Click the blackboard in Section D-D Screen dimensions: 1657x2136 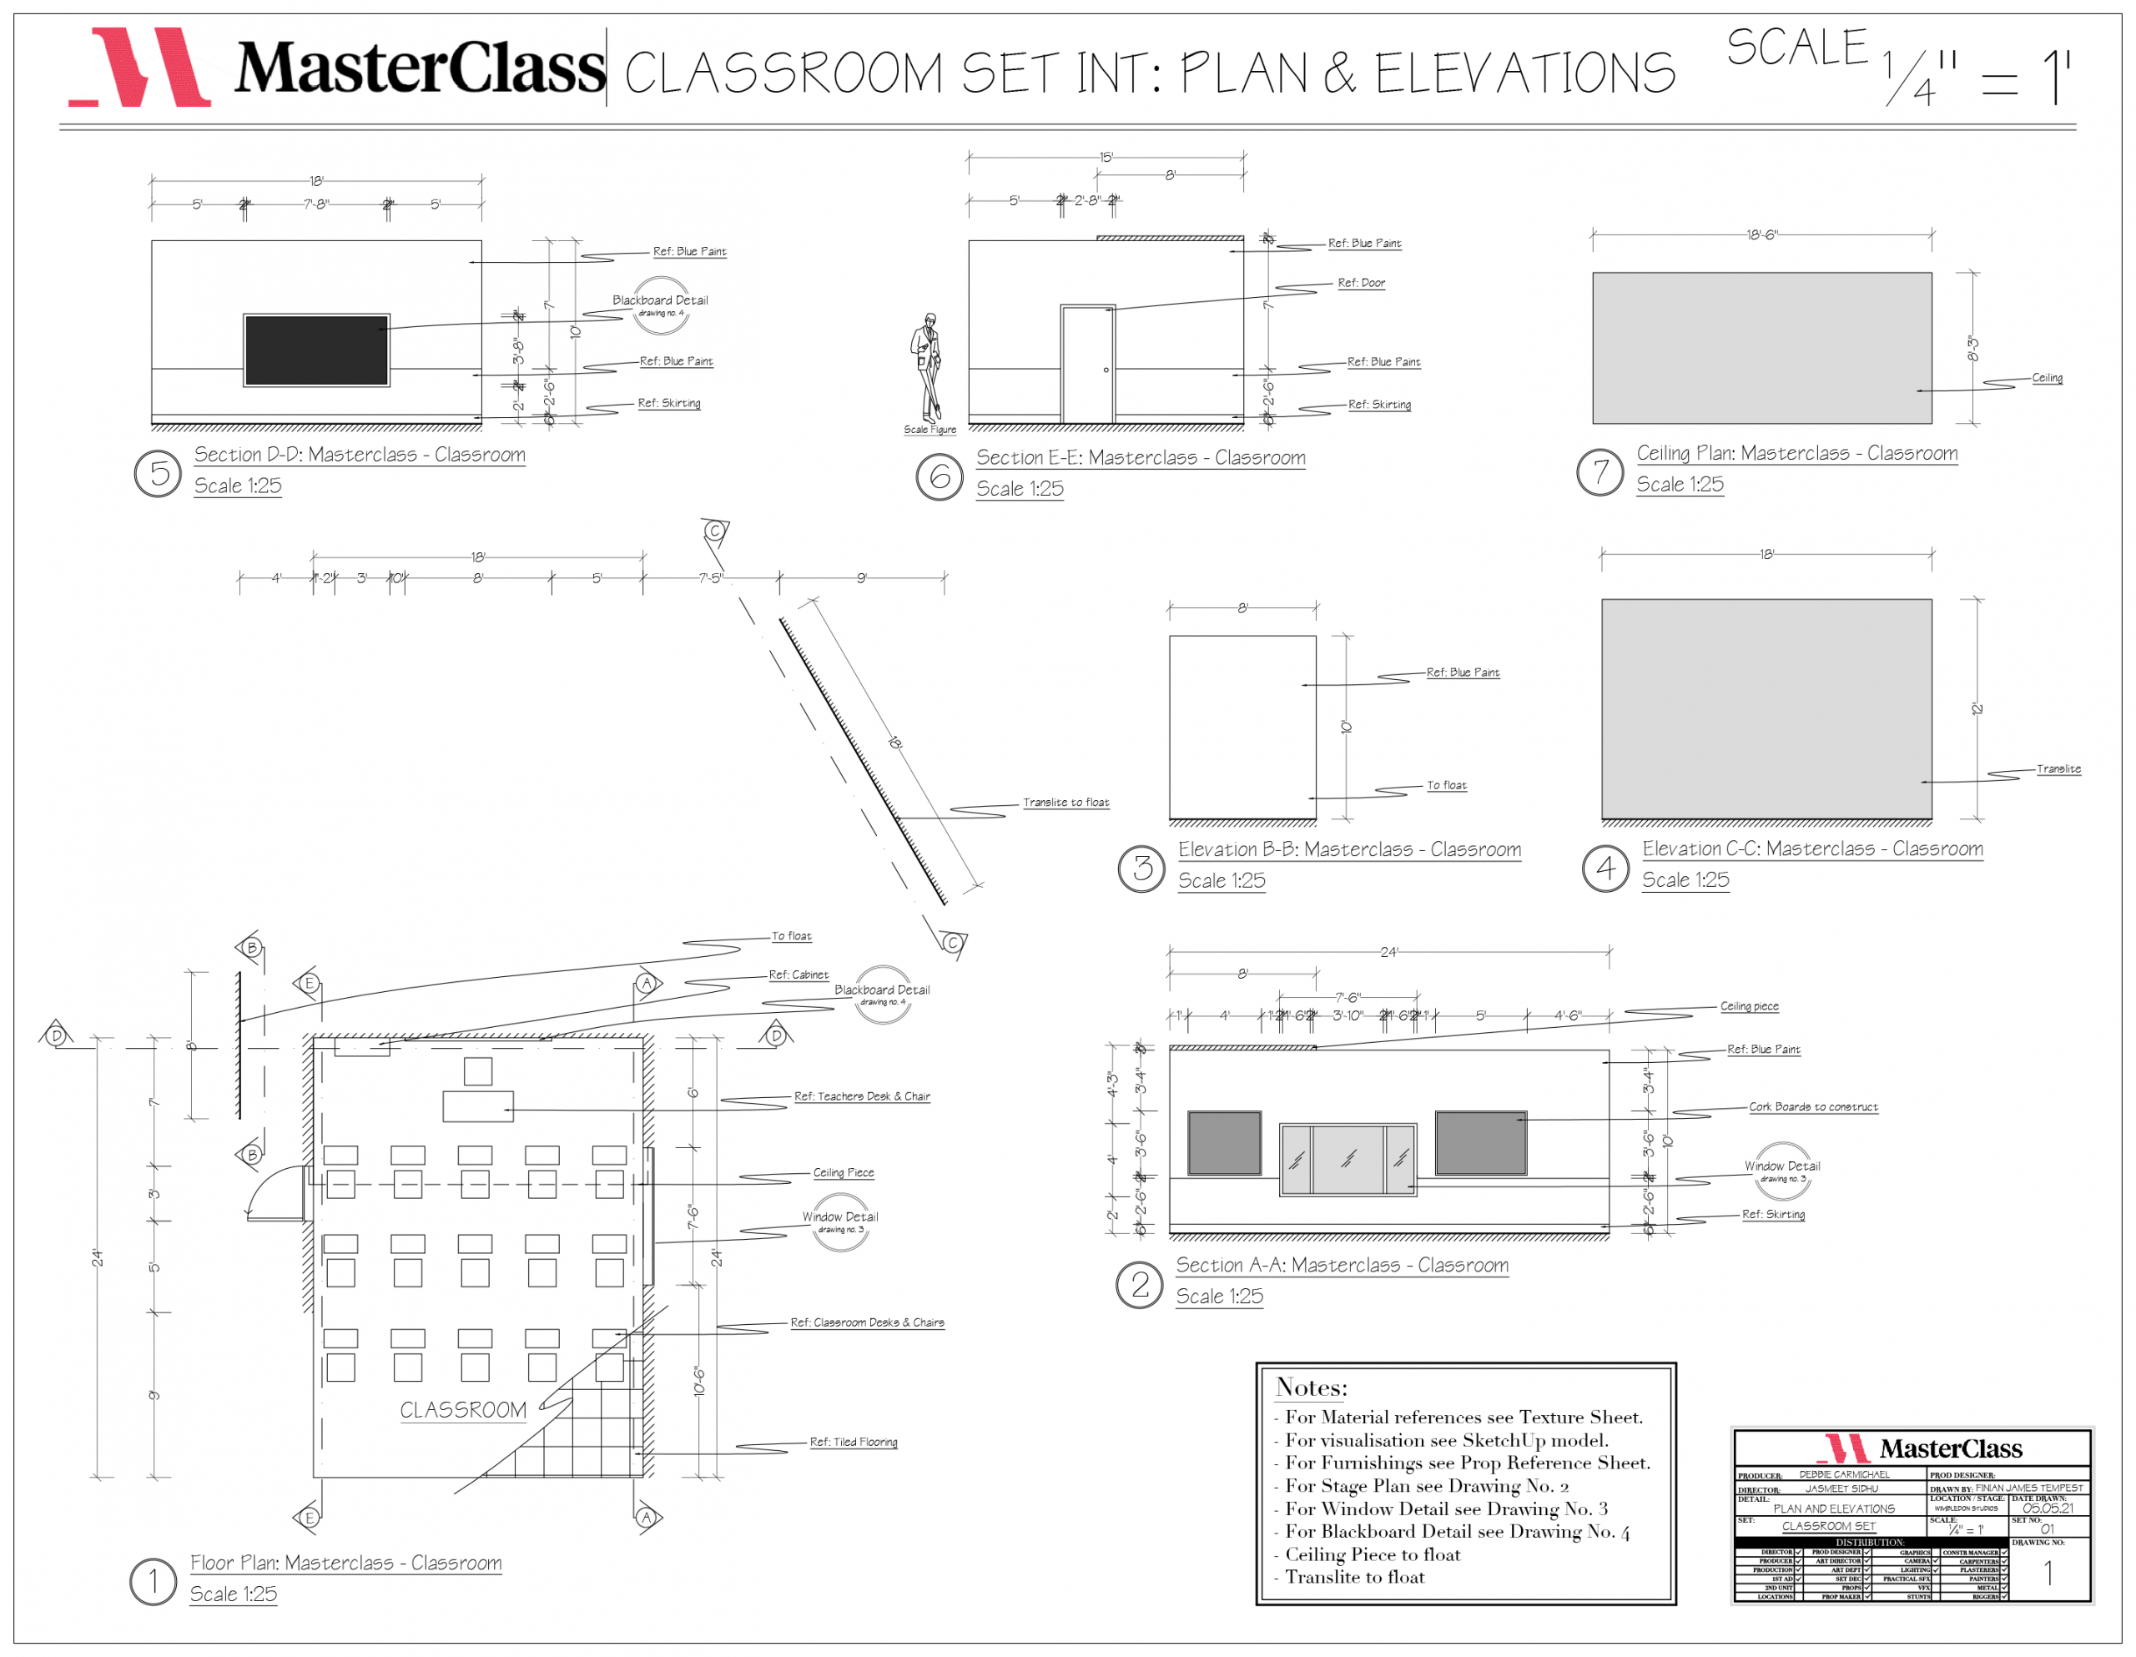(316, 350)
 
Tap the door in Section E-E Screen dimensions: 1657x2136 (1087, 364)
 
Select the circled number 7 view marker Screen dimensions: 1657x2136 (1600, 471)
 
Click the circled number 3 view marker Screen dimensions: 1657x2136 (1141, 868)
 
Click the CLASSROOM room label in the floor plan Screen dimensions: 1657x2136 (462, 1409)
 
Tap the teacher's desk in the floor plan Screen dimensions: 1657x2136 (477, 1106)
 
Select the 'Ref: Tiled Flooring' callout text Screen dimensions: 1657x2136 (853, 1442)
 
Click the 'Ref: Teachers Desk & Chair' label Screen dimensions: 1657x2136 (862, 1096)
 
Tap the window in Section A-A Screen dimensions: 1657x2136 (1348, 1159)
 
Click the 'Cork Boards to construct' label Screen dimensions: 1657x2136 (1812, 1106)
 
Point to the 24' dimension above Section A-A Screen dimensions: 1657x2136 (1388, 952)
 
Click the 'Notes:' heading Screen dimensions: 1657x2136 (1311, 1387)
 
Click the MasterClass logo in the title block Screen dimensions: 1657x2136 (1911, 1448)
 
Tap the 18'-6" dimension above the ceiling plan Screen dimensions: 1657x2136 (1761, 234)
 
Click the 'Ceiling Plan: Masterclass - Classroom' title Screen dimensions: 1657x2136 (1796, 453)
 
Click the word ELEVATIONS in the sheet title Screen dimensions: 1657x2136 (1524, 73)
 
